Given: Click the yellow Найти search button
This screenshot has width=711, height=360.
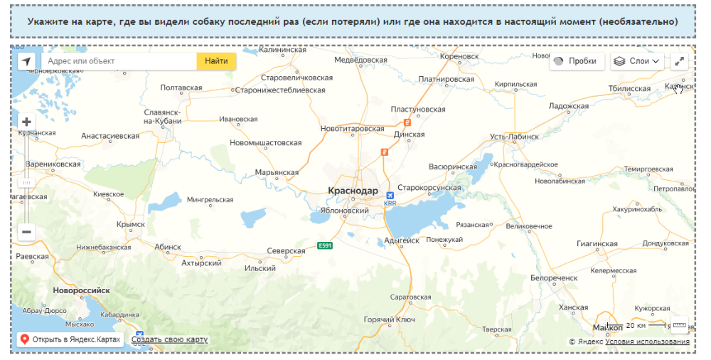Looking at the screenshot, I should click(x=216, y=61).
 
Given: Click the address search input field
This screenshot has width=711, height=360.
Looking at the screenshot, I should click(x=118, y=61).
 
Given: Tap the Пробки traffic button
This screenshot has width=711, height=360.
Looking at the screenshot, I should click(x=577, y=61).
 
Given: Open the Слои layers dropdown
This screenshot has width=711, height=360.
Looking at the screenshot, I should click(x=637, y=61).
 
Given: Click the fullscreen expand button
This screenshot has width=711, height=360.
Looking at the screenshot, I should click(x=679, y=61).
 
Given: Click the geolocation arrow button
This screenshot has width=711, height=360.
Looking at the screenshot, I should click(x=26, y=61).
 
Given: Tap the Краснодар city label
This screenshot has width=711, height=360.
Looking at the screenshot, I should click(x=353, y=191).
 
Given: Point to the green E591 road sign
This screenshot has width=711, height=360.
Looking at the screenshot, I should click(x=325, y=246).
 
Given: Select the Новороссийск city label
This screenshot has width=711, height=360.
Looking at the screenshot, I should click(x=81, y=290).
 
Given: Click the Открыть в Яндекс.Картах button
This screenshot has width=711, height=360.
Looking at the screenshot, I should click(x=70, y=339).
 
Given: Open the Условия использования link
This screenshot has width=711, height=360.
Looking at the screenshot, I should click(x=647, y=342).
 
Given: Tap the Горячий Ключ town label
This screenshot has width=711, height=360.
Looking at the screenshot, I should click(x=389, y=319).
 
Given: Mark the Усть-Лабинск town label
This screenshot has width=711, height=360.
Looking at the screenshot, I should click(x=514, y=136).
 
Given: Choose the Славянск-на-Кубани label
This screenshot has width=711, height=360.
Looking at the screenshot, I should click(x=163, y=116).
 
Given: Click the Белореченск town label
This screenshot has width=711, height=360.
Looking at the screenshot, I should click(x=554, y=277).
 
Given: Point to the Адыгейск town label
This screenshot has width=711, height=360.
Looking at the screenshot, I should click(x=402, y=240).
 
